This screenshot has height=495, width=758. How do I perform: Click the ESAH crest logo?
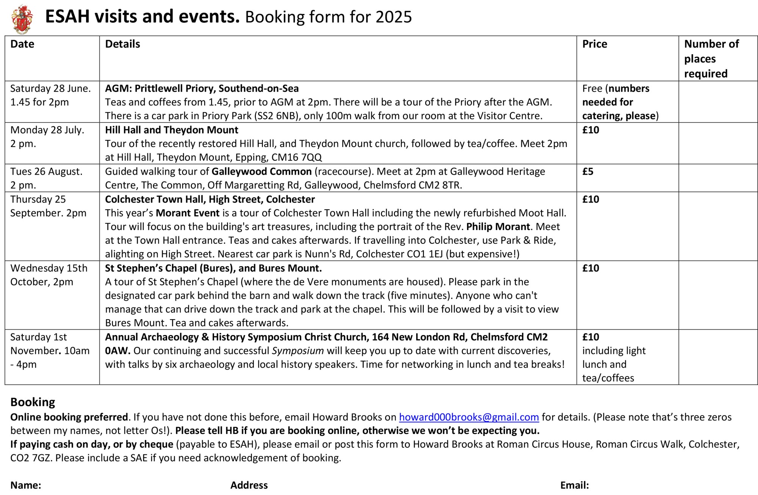[x=22, y=19]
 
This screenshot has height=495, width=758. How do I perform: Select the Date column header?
[x=22, y=44]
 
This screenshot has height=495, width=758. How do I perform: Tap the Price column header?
[x=594, y=44]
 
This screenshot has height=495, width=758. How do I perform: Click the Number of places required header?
[x=711, y=58]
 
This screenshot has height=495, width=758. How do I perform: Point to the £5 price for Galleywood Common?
[x=587, y=171]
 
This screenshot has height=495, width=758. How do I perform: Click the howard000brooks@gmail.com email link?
[x=468, y=417]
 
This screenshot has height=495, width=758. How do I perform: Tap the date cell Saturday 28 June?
[x=50, y=88]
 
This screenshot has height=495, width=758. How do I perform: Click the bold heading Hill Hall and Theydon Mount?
[x=171, y=130]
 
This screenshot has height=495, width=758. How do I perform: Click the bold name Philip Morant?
[x=498, y=227]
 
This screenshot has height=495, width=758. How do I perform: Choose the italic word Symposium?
[x=298, y=351]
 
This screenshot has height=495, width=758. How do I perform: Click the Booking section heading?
[x=33, y=402]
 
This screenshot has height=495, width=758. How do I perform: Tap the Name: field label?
[x=25, y=485]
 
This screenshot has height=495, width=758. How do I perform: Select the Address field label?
[x=249, y=485]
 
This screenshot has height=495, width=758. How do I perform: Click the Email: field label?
[x=574, y=485]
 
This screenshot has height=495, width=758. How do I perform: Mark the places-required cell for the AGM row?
[x=718, y=102]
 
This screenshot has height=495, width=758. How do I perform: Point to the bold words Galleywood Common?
[x=262, y=171]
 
